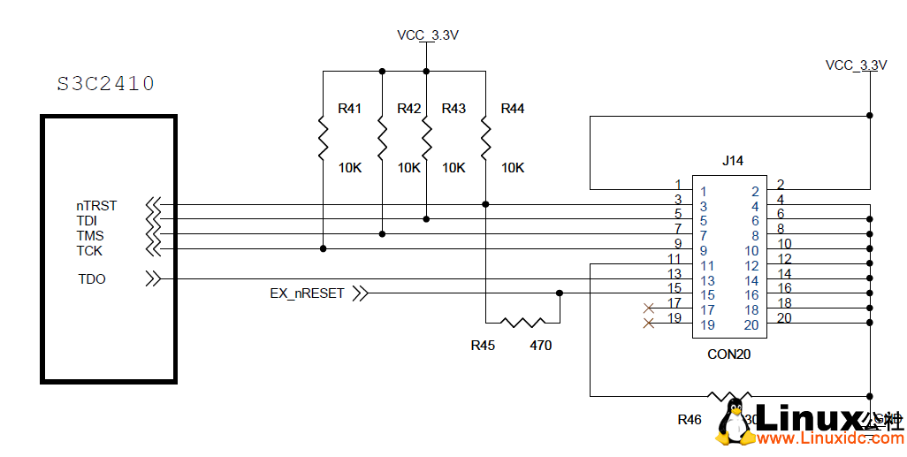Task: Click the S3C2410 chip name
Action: click(x=106, y=84)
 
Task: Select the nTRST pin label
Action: click(x=96, y=206)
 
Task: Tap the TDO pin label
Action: click(x=92, y=279)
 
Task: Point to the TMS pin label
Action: click(x=90, y=236)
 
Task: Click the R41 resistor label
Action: click(x=350, y=109)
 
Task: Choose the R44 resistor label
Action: click(x=513, y=109)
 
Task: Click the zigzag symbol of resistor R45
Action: click(x=522, y=323)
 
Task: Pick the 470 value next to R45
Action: click(x=540, y=346)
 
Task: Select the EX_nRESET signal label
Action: click(x=307, y=293)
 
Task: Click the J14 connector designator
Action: click(x=733, y=161)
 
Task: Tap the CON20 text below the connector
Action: click(x=730, y=355)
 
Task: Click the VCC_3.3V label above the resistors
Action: click(x=428, y=35)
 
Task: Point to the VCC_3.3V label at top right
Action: click(x=856, y=65)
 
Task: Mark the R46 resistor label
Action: click(x=690, y=419)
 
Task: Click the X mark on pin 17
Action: click(x=650, y=308)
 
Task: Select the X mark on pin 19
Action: click(x=650, y=324)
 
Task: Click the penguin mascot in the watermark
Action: click(x=736, y=422)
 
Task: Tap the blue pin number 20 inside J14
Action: click(x=751, y=325)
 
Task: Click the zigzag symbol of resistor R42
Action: click(x=382, y=137)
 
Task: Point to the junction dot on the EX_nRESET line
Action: click(x=560, y=293)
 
